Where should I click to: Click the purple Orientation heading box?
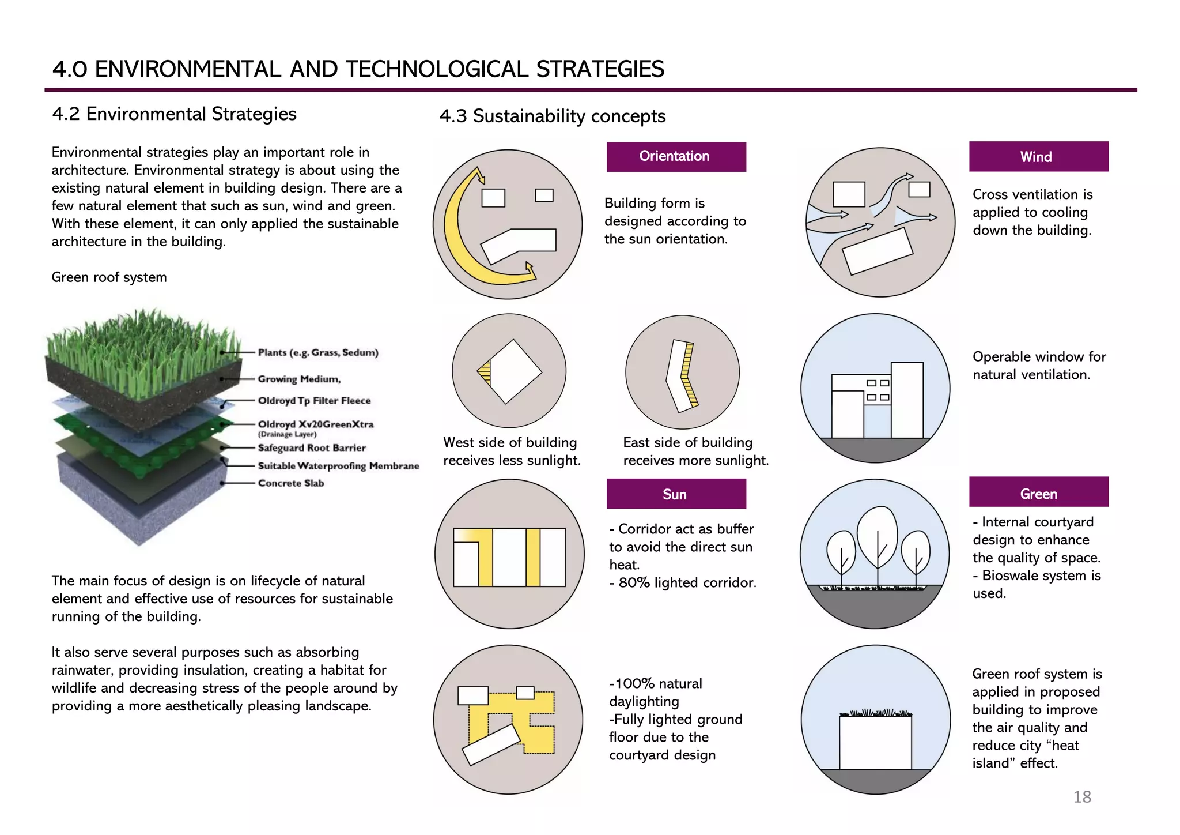[x=676, y=157]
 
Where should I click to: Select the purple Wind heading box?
[x=1038, y=157]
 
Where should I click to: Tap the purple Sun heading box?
[x=676, y=494]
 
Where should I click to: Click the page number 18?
[x=1081, y=797]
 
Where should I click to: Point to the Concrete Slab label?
[x=290, y=483]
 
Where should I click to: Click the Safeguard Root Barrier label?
[x=312, y=448]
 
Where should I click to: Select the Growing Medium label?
[x=299, y=379]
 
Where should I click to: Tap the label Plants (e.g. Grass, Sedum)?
[x=318, y=352]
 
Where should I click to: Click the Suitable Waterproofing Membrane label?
[x=338, y=466]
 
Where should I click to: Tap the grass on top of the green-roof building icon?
[x=876, y=713]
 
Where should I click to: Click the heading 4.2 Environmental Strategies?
[x=174, y=114]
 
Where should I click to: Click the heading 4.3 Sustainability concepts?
[x=552, y=116]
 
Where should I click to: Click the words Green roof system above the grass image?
[x=109, y=277]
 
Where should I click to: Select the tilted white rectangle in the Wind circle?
[x=877, y=251]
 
